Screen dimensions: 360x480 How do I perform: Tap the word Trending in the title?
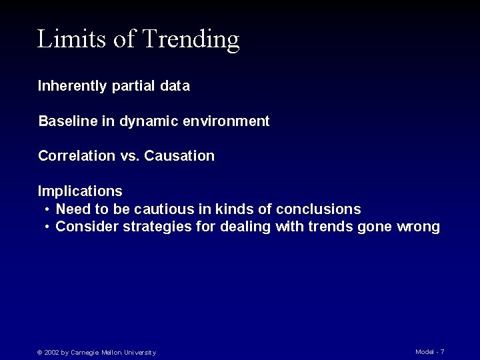click(x=191, y=41)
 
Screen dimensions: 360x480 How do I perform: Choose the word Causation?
click(x=179, y=156)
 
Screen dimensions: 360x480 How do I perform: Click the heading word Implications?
click(x=80, y=191)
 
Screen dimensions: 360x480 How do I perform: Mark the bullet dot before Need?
click(x=48, y=209)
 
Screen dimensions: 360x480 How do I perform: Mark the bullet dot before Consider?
click(x=48, y=227)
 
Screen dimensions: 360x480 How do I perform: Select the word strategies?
click(x=157, y=227)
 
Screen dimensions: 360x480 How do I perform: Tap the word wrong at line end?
click(x=417, y=227)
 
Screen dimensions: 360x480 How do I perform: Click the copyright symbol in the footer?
click(x=39, y=352)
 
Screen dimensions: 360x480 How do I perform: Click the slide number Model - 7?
click(x=430, y=351)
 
